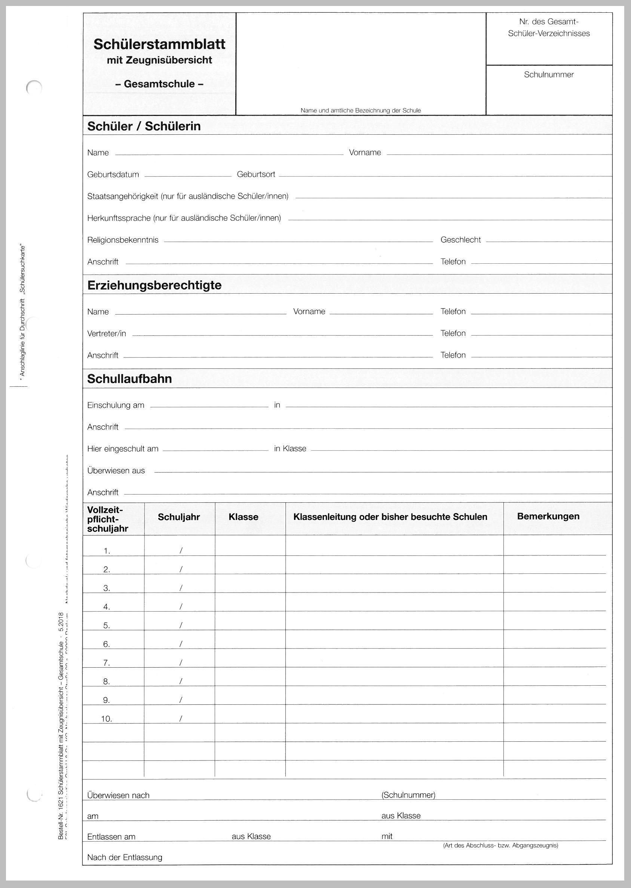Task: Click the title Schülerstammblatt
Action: (x=159, y=44)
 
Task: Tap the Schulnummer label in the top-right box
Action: (x=549, y=74)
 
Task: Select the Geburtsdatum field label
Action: (x=113, y=174)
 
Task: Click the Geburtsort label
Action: (x=256, y=174)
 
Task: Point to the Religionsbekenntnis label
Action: (x=123, y=240)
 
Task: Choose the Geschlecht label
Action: (x=460, y=240)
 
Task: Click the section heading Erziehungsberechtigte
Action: (x=154, y=285)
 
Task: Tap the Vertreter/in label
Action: (x=107, y=334)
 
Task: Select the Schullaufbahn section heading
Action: (x=129, y=379)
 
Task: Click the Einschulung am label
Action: (x=116, y=405)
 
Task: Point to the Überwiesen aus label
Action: (x=116, y=471)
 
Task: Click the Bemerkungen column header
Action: (x=548, y=516)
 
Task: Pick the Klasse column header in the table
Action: (x=243, y=517)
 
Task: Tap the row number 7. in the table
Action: (x=107, y=663)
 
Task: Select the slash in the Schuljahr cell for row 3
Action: (x=181, y=588)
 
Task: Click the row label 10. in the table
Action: (x=107, y=719)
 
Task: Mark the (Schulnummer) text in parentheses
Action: (x=408, y=795)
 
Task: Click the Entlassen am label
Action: (x=111, y=837)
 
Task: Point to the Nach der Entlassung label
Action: (x=124, y=857)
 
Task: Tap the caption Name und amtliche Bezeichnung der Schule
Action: (x=361, y=111)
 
